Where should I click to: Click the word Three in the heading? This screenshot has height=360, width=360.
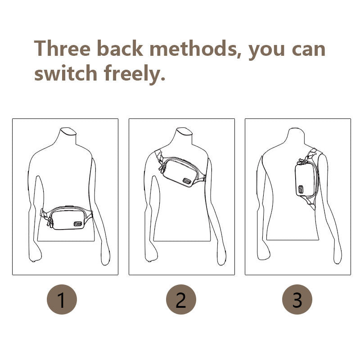[62, 48]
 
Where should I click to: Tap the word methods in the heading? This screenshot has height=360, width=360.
[193, 48]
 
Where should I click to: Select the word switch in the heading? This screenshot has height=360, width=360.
[66, 72]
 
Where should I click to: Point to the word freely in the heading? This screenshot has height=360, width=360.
[134, 74]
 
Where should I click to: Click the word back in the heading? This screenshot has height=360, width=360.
[120, 48]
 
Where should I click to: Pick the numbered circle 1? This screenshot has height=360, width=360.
[62, 299]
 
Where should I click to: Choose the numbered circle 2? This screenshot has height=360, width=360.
[181, 299]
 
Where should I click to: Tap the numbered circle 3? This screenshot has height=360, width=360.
[297, 299]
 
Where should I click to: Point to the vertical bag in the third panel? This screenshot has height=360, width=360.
[306, 179]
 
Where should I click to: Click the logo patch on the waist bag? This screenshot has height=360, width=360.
[78, 224]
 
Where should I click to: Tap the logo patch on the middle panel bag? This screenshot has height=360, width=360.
[187, 181]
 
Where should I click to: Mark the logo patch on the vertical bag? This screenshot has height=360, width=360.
[301, 189]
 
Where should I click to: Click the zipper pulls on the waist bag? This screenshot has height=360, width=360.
[50, 222]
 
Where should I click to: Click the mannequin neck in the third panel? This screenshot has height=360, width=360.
[297, 136]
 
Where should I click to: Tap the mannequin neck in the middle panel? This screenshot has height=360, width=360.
[184, 136]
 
